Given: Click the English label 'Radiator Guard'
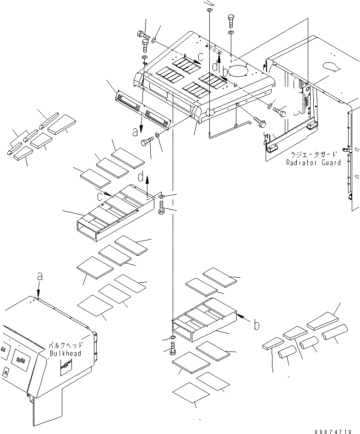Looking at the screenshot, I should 314,163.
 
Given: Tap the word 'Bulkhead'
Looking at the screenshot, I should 65,353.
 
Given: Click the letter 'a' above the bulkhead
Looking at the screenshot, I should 39,277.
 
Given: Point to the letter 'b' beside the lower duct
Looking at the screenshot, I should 257,325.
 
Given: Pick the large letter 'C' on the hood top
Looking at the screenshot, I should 200,57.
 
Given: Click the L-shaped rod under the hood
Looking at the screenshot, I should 229,128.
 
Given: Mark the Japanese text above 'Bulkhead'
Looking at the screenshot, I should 65,346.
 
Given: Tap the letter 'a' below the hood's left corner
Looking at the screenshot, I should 135,133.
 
